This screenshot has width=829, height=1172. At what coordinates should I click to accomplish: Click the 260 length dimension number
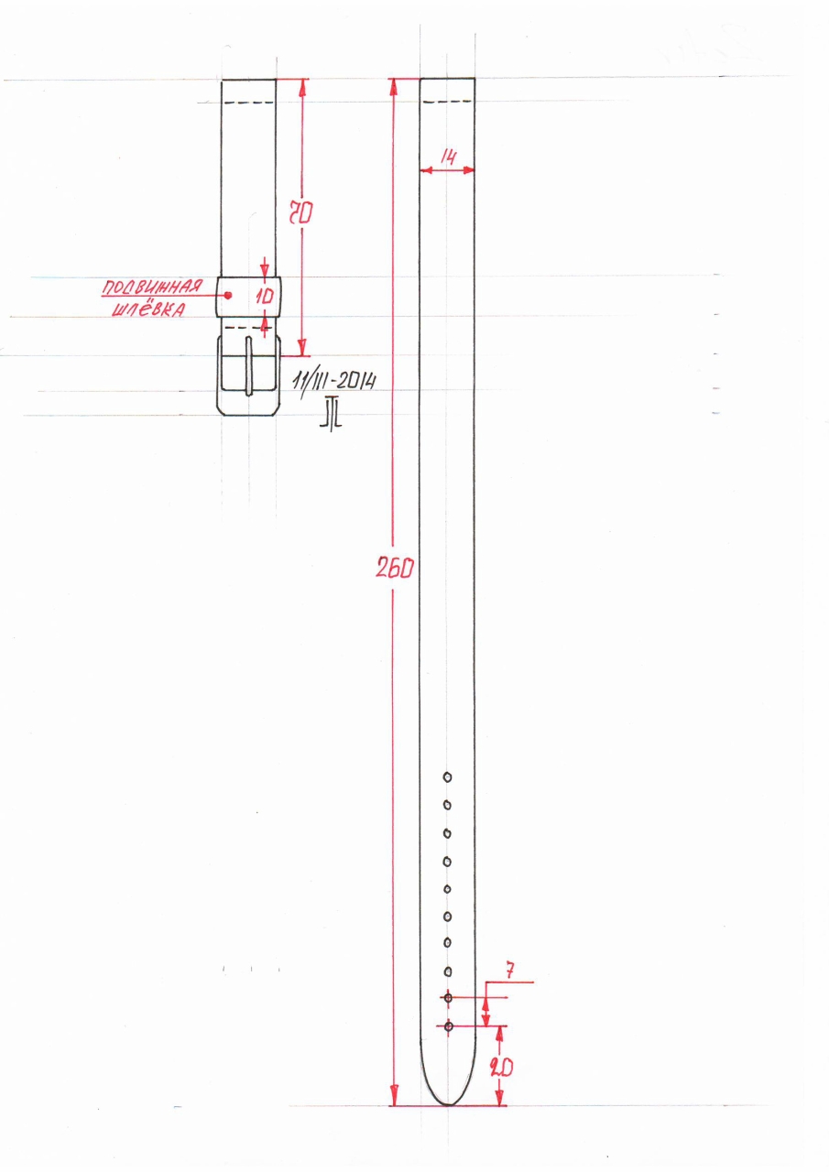[395, 567]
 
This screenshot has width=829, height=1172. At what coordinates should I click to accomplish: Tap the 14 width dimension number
[449, 157]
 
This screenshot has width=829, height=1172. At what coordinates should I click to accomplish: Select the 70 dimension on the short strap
[301, 213]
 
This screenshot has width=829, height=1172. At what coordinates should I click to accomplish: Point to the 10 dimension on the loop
[265, 297]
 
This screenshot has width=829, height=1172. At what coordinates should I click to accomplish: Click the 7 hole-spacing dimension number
[510, 971]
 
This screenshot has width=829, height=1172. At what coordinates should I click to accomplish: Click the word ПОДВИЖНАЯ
[151, 288]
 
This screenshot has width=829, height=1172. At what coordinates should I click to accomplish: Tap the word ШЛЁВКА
[148, 309]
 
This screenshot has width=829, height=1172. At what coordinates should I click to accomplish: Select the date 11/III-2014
[334, 383]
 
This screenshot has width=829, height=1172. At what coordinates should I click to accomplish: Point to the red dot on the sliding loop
[228, 295]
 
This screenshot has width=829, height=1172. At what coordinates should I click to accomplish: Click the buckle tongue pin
[249, 366]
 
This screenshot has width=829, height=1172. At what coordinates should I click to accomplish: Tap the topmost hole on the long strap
[447, 777]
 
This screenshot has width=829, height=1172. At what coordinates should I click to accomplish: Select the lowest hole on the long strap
[449, 1026]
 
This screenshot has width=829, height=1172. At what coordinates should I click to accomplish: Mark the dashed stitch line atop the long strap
[448, 102]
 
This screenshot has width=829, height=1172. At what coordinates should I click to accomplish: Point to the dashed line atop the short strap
[249, 102]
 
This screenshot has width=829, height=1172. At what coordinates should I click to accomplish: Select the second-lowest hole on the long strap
[448, 998]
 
